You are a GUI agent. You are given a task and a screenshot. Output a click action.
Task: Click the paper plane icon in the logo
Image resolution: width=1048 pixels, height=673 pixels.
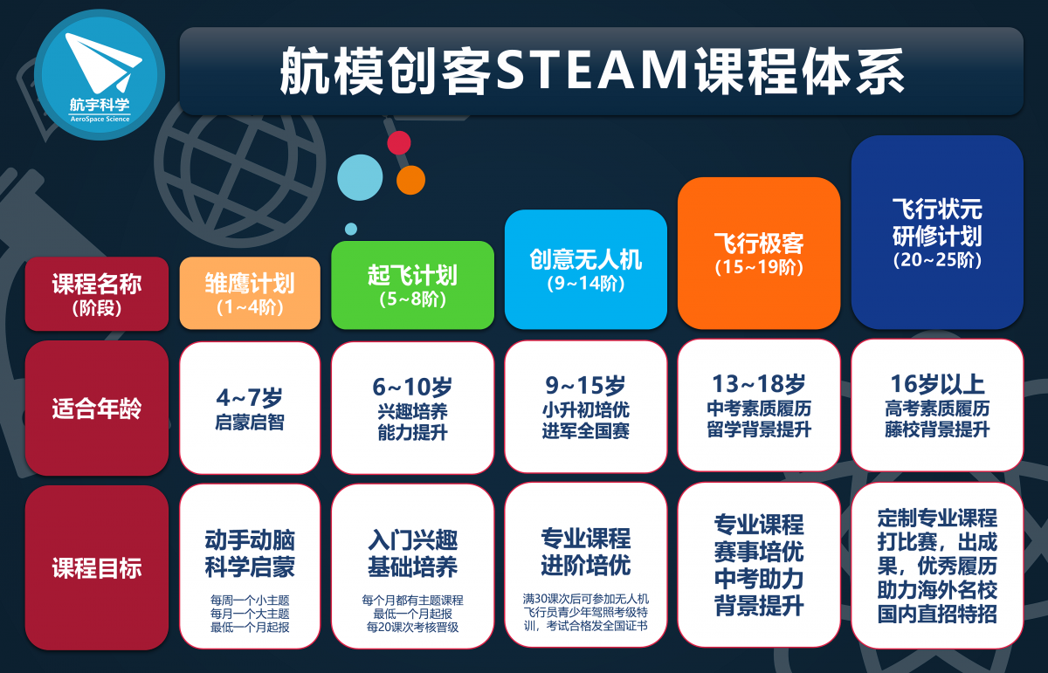tap(103, 62)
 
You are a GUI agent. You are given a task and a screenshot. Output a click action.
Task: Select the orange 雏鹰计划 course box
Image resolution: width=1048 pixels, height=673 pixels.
tap(250, 293)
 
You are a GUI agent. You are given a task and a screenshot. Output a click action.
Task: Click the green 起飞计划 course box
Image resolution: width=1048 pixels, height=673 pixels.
tap(412, 285)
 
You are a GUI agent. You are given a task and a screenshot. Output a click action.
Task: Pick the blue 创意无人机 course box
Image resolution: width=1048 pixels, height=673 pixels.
tap(586, 270)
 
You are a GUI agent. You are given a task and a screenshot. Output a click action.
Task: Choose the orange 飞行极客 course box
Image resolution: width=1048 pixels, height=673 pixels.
tap(759, 253)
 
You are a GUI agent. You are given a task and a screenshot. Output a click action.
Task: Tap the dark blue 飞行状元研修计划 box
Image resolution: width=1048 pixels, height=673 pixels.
tap(937, 232)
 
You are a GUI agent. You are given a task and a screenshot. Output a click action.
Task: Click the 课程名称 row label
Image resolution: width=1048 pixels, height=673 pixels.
tap(97, 293)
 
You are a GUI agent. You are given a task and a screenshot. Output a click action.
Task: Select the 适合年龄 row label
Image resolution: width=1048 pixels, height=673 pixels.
tap(97, 408)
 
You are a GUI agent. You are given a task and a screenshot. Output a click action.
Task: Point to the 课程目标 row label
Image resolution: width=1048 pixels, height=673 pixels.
tap(97, 567)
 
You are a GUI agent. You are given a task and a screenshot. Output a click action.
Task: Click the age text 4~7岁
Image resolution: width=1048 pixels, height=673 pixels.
tap(250, 397)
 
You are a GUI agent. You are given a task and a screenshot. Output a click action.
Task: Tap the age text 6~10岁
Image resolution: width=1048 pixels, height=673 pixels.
tap(412, 387)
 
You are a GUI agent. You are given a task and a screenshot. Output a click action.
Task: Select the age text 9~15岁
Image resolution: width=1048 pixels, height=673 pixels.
tap(586, 385)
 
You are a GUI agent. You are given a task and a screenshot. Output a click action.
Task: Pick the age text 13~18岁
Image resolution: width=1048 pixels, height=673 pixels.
tap(759, 383)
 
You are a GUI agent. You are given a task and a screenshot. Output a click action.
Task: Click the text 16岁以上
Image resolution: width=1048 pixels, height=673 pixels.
tap(937, 383)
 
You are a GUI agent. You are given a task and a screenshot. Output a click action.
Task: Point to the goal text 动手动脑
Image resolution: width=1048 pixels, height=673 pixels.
tap(250, 540)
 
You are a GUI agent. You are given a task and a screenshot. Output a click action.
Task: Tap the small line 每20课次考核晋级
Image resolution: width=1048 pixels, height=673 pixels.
tap(412, 627)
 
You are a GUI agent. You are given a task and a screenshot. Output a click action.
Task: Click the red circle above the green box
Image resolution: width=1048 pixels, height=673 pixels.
tap(399, 142)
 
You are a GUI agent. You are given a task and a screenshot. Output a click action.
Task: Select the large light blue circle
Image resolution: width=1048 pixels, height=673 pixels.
tap(360, 178)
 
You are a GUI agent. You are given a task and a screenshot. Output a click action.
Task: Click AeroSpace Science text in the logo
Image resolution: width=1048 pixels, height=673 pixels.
tap(100, 119)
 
